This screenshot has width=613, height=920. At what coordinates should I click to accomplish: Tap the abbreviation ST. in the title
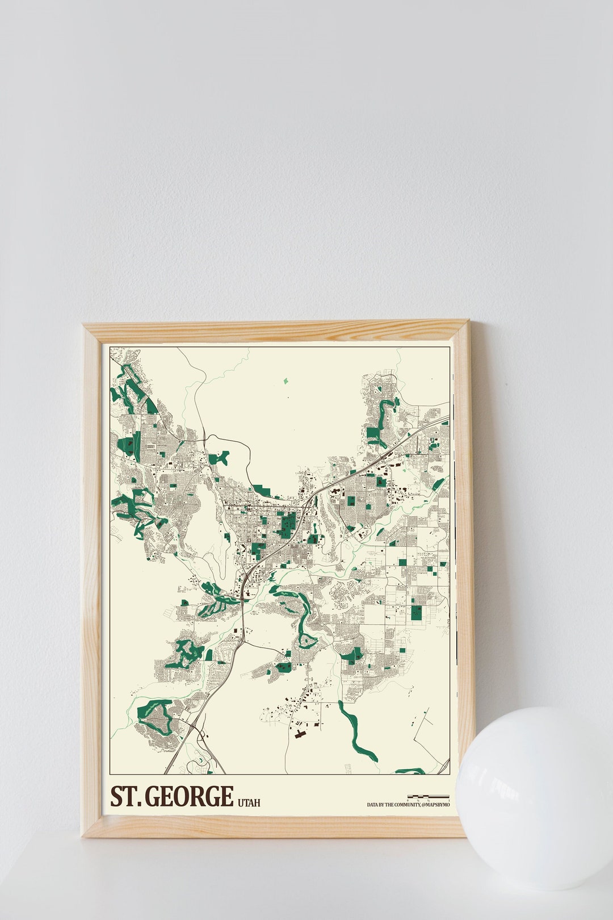click(125, 797)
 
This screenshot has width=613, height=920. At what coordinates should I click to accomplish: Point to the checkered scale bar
click(428, 797)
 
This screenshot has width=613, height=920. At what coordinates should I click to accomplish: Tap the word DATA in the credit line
click(372, 805)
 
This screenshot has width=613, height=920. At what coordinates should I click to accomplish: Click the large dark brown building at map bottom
click(300, 734)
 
